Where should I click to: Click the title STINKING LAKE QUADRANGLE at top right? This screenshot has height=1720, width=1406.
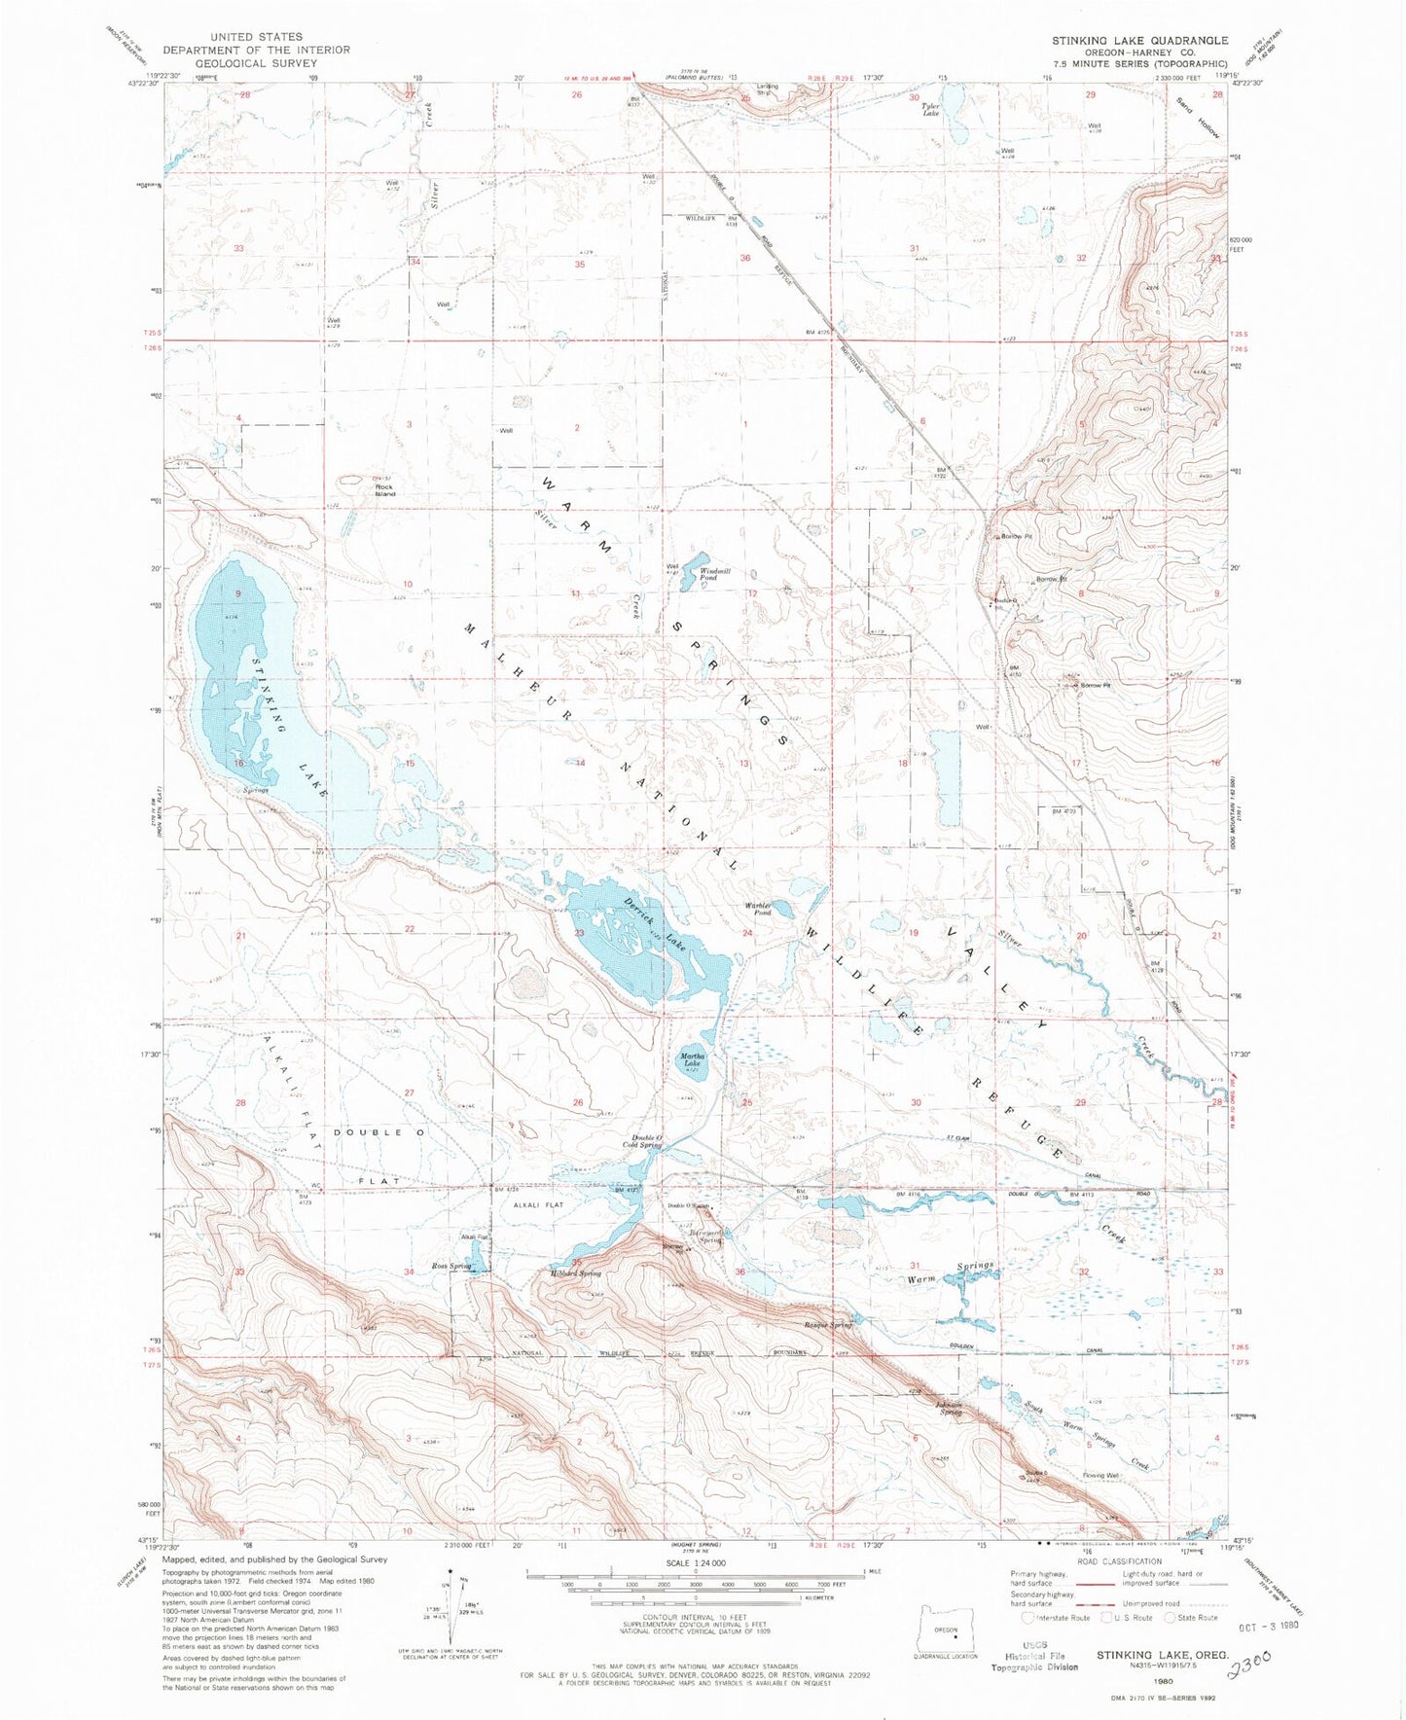coord(1138,40)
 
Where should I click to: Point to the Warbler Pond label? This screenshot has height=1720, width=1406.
coord(759,910)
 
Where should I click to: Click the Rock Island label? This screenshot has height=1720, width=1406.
coord(386,490)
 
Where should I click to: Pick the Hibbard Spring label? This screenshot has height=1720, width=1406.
coord(576,1272)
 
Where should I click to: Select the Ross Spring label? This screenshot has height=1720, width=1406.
coord(452,1266)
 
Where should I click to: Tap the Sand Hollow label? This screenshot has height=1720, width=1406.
coord(1198,117)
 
